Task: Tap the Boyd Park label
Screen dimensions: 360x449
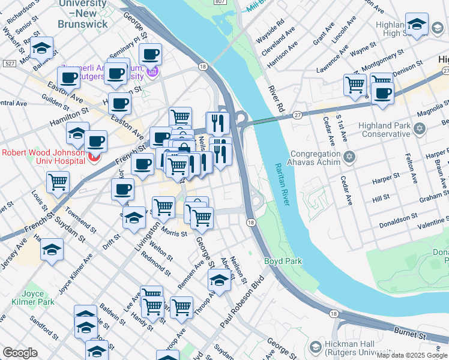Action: pyautogui.click(x=283, y=262)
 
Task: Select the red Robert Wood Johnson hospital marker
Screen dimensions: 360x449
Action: pyautogui.click(x=94, y=158)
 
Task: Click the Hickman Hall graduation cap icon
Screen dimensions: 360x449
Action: pyautogui.click(x=316, y=347)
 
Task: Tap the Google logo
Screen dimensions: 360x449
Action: pyautogui.click(x=20, y=353)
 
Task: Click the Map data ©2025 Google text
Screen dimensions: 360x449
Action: pyautogui.click(x=412, y=355)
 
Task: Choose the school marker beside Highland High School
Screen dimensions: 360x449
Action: pyautogui.click(x=416, y=25)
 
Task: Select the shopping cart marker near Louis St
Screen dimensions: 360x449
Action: pyautogui.click(x=58, y=182)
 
